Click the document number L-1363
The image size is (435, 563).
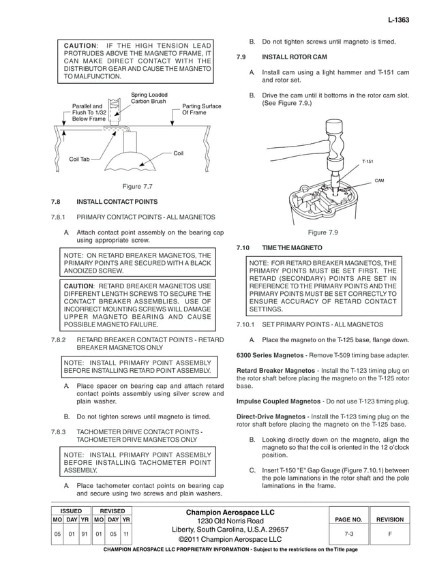click(397, 20)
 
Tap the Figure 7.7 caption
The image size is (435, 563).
click(136, 186)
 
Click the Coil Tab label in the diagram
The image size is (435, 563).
click(79, 159)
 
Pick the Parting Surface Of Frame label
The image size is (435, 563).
click(201, 109)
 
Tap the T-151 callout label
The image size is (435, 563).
click(367, 162)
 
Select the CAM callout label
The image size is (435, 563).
click(380, 181)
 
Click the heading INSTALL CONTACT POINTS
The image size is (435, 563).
click(117, 202)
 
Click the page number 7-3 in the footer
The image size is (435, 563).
click(348, 534)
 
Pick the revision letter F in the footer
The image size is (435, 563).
click(389, 534)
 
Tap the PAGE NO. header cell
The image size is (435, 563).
click(348, 519)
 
